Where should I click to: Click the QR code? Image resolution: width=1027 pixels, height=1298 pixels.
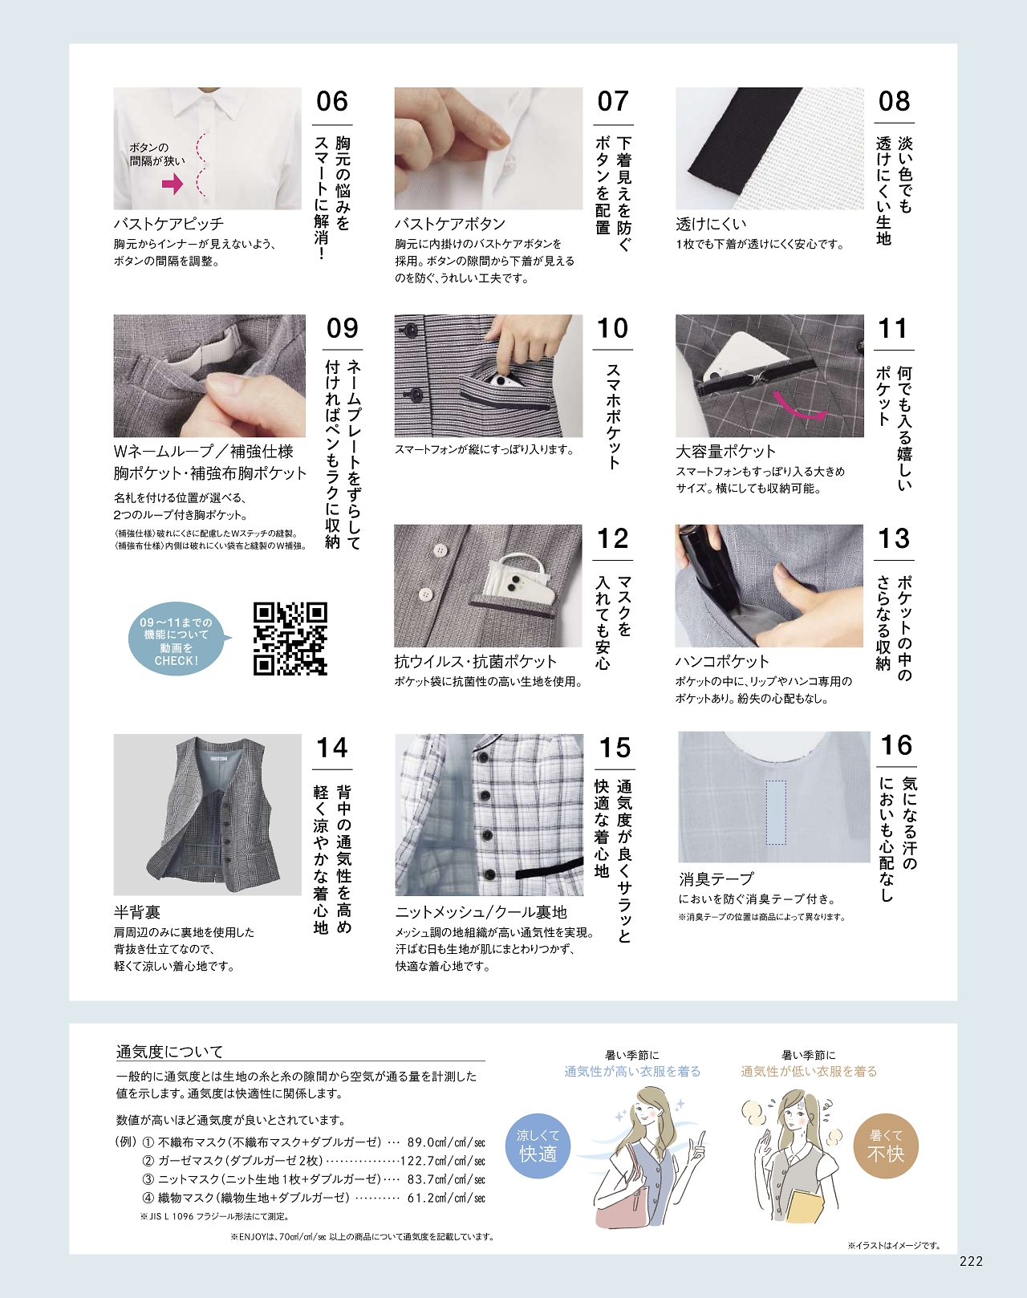click(290, 639)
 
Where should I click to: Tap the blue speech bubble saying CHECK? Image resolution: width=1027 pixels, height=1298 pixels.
click(177, 641)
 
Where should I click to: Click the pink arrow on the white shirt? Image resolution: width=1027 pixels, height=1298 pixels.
click(173, 184)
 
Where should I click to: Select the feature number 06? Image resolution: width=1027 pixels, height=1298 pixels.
click(332, 101)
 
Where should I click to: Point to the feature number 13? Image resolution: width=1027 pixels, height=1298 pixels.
click(894, 538)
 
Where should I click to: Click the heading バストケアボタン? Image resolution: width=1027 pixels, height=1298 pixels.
click(450, 224)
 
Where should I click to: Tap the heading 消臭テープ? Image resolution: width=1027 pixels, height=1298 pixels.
click(716, 878)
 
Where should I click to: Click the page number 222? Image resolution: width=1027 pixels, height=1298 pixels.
click(972, 1261)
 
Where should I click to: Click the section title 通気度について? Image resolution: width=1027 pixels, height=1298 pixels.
click(169, 1052)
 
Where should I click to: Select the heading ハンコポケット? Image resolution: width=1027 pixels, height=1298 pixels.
click(722, 661)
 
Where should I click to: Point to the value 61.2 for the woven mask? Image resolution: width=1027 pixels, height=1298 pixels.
click(420, 1198)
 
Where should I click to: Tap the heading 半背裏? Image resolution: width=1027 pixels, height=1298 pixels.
click(137, 912)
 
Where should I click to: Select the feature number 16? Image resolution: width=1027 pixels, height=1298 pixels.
click(896, 745)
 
